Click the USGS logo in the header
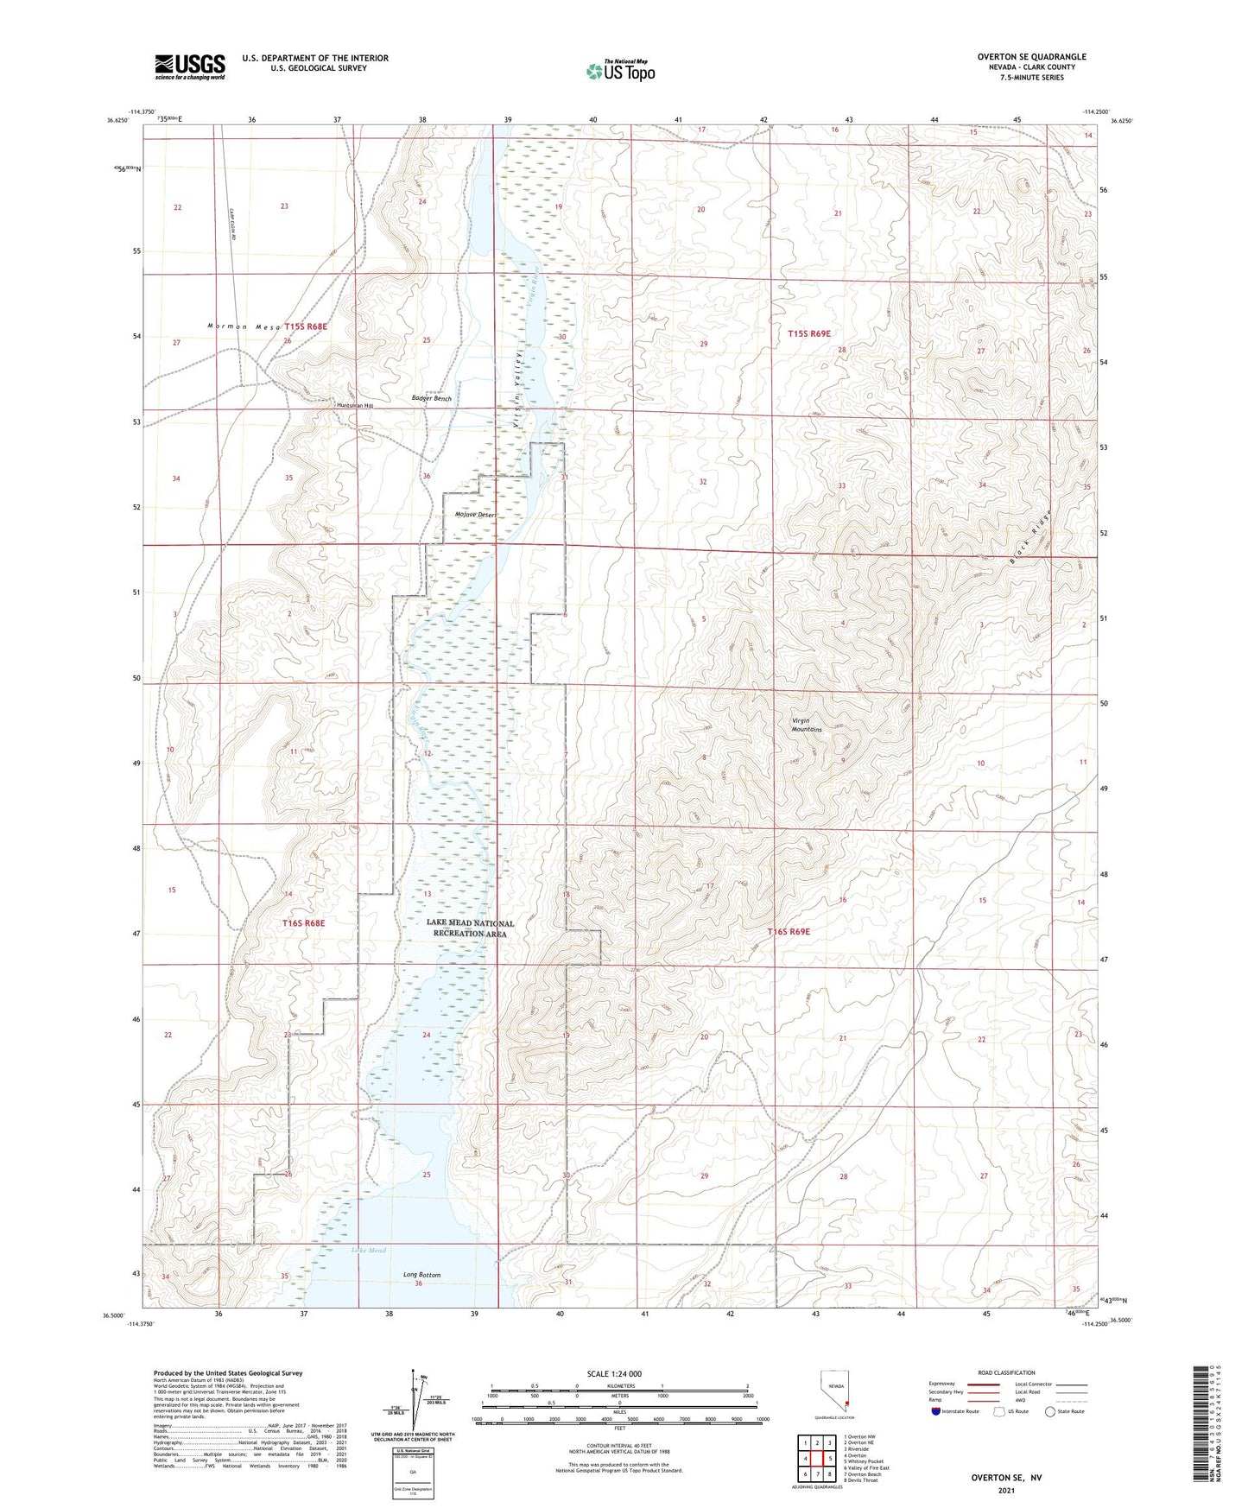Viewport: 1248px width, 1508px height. coord(190,66)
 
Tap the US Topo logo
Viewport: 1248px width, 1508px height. coord(620,71)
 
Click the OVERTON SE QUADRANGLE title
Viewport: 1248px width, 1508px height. coord(1031,57)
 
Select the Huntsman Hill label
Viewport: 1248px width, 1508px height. coord(355,405)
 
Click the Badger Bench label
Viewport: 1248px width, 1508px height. coord(432,399)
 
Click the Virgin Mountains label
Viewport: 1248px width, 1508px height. coord(807,725)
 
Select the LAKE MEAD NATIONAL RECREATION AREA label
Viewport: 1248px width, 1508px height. coord(471,928)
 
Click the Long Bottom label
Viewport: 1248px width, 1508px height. coord(421,1275)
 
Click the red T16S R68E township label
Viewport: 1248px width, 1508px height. coord(303,923)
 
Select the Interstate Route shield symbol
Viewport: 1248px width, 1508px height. coord(937,1411)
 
